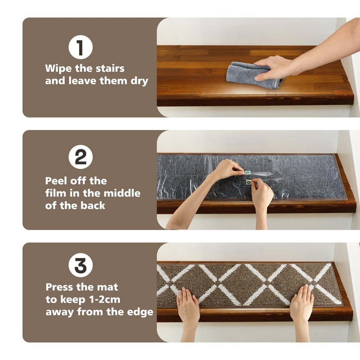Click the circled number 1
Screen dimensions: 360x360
coord(80,47)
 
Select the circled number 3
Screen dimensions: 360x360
coord(80,265)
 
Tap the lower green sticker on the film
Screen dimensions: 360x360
coord(248,181)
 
